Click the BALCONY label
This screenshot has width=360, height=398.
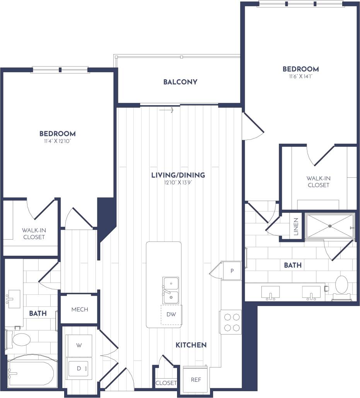click(x=180, y=82)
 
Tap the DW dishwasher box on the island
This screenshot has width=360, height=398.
click(x=171, y=314)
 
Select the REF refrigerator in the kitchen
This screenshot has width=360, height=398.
click(x=196, y=379)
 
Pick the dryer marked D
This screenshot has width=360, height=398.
click(x=79, y=368)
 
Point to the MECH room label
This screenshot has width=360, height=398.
click(x=80, y=310)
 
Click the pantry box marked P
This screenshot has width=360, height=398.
click(x=232, y=270)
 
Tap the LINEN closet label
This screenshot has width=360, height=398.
click(x=296, y=227)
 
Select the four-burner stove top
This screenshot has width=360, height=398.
click(x=231, y=322)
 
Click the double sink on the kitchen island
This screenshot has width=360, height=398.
click(x=171, y=290)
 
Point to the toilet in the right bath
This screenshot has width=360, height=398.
click(x=342, y=285)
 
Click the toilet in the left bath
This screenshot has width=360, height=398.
click(x=21, y=340)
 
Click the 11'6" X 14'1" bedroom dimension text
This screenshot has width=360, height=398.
click(x=300, y=77)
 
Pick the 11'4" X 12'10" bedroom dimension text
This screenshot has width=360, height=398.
click(x=57, y=141)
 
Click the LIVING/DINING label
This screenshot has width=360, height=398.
click(x=178, y=175)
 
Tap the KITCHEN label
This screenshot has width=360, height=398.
click(x=191, y=345)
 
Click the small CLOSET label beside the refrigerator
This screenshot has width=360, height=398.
click(x=166, y=383)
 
